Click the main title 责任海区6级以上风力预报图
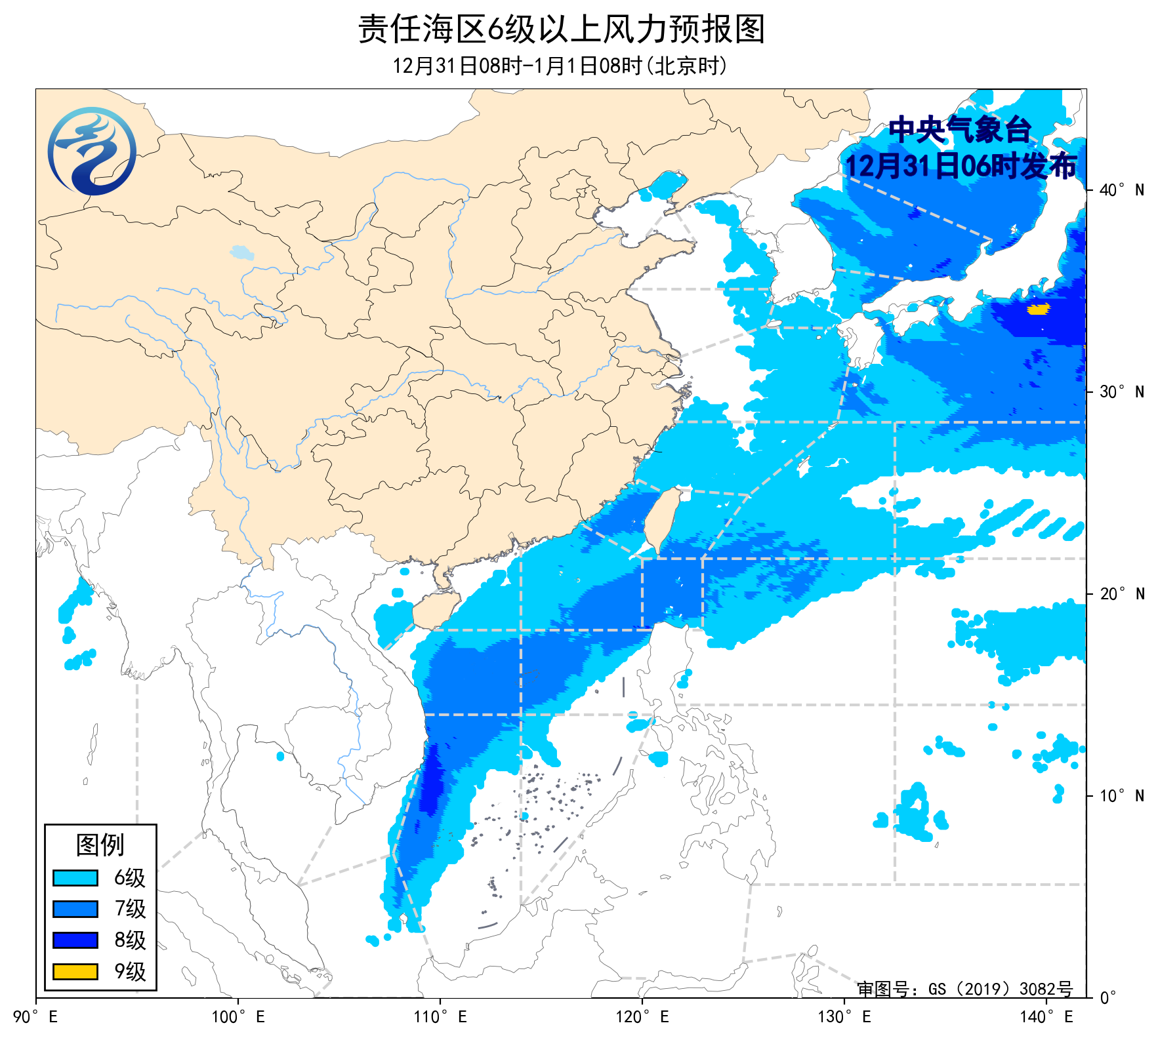point(561,30)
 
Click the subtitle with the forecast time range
point(560,66)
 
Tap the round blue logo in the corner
point(92,151)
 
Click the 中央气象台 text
point(960,130)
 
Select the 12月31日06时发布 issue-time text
point(960,166)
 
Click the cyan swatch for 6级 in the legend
point(75,877)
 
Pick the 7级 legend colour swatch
point(75,909)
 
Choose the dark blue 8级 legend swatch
point(75,940)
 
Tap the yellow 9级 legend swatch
point(75,971)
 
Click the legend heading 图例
point(100,845)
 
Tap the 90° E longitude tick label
point(36,1017)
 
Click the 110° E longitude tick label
point(440,1017)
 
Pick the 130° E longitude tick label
point(844,1017)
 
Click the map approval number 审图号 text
point(964,989)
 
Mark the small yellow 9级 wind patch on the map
point(1037,309)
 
